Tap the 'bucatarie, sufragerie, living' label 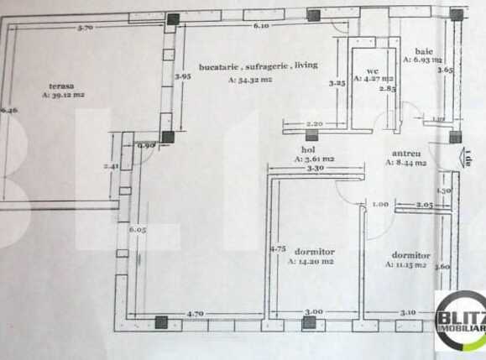(258, 65)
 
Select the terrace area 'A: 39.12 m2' (63, 95)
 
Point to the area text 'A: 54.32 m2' (250, 80)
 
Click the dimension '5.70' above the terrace (84, 29)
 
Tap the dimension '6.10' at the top (261, 26)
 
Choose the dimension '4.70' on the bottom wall (195, 313)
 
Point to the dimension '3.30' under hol (316, 168)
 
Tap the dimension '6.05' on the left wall (138, 229)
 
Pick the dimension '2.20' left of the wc (314, 123)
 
